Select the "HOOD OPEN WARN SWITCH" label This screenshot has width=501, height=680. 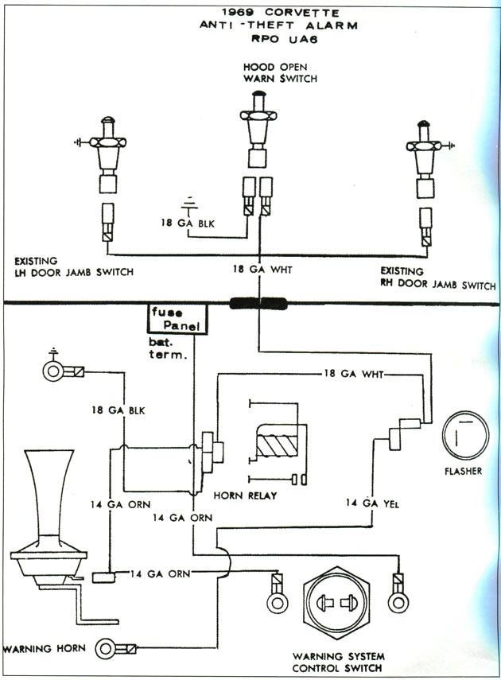(x=280, y=73)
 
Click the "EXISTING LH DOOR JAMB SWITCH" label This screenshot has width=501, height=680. (x=72, y=266)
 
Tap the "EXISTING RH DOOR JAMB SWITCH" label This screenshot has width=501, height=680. (x=438, y=278)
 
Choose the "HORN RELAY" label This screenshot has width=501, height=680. (x=245, y=496)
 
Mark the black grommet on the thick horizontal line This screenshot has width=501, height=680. (x=258, y=303)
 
